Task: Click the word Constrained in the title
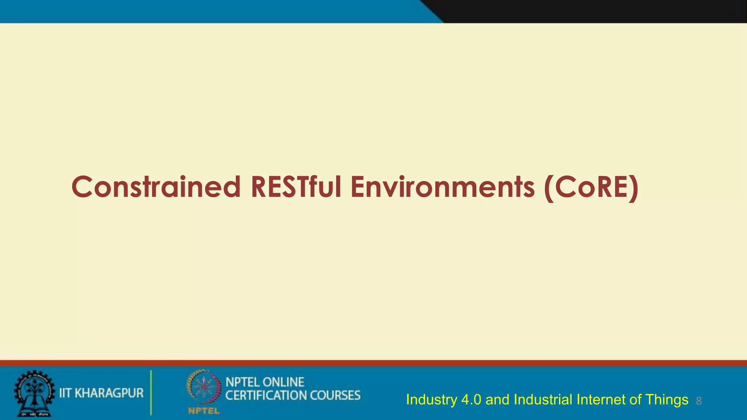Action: (156, 187)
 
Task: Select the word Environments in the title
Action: (442, 187)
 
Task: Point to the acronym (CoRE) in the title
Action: (591, 188)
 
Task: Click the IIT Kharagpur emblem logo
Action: (34, 393)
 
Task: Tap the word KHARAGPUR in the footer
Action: (109, 393)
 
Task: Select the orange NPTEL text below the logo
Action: (204, 411)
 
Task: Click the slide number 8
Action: (699, 401)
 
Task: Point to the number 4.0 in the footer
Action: (471, 400)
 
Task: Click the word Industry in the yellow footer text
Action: (431, 400)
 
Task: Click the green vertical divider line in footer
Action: (151, 393)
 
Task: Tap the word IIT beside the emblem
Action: (65, 393)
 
